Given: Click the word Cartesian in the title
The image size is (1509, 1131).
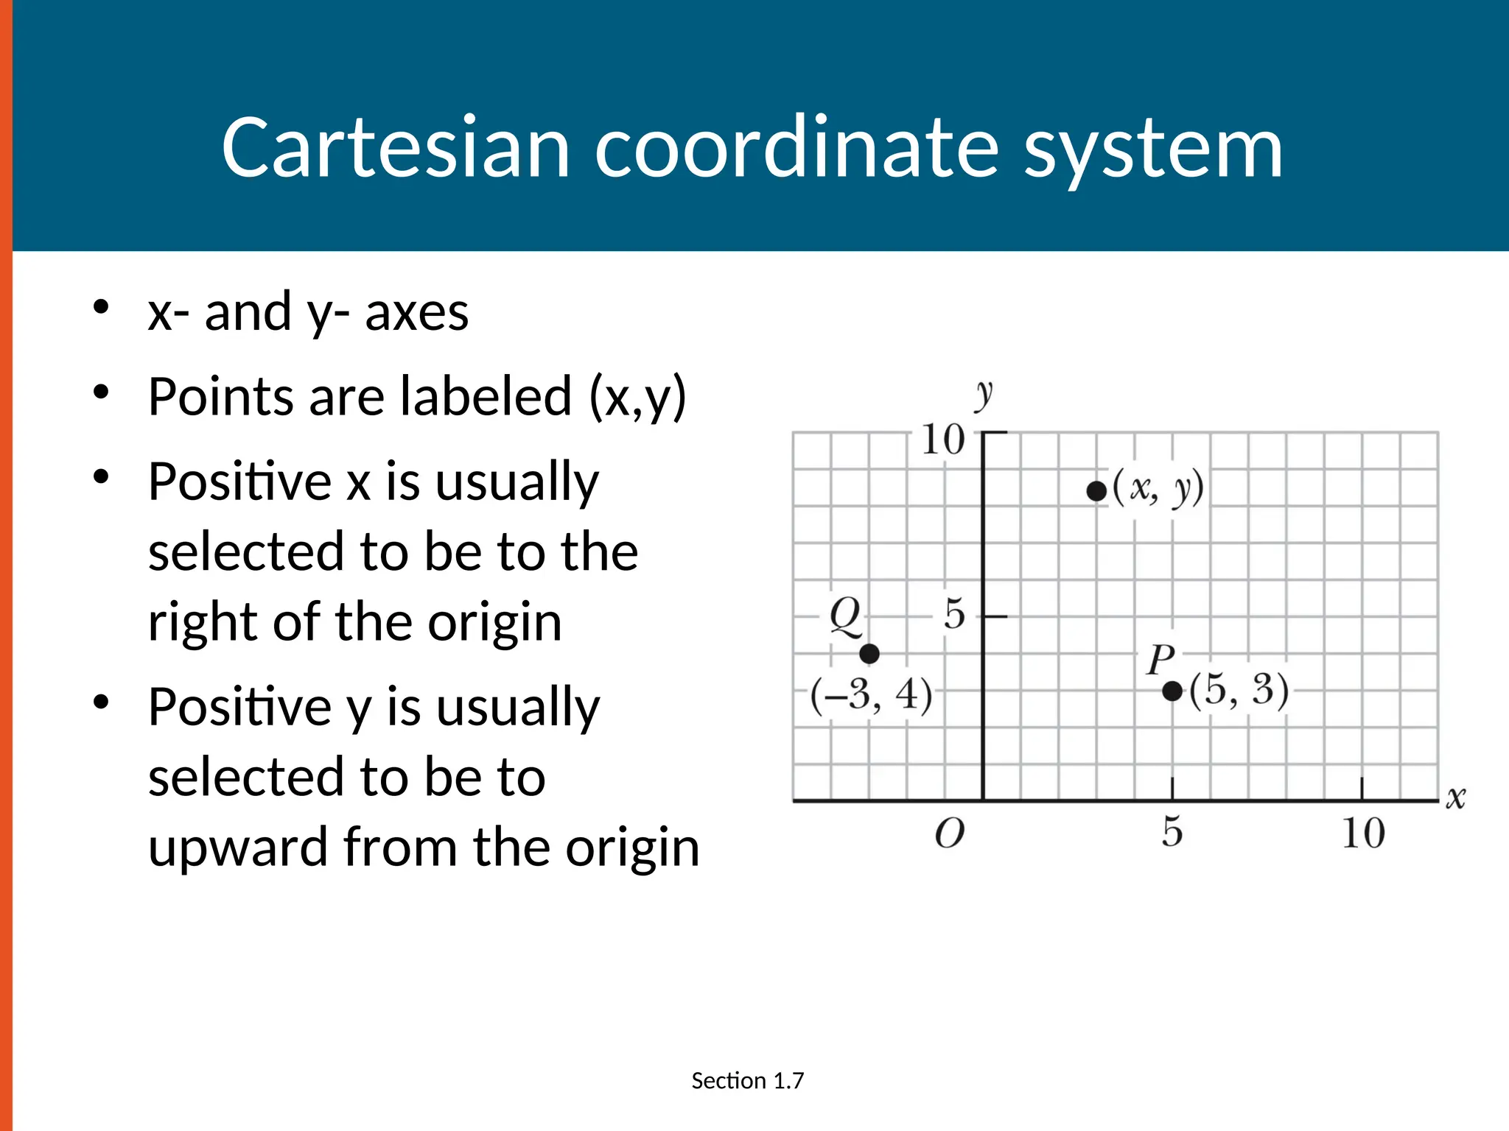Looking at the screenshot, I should coord(396,148).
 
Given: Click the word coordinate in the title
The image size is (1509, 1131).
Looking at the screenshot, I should coord(796,148).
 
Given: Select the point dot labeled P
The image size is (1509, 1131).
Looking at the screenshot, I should coord(1172,691).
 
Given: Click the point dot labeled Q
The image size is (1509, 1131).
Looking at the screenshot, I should coord(869,653).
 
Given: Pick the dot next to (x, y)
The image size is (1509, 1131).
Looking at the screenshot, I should coord(1096,491).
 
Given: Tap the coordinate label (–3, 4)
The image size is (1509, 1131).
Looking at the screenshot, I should coord(872,694).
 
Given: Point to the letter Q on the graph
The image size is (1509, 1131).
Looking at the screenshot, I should coord(845,616).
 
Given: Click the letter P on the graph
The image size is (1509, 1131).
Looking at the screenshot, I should coord(1160,659).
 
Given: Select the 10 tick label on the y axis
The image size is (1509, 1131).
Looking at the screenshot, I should coord(943,440).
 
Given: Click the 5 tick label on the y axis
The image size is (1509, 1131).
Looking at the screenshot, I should coord(954,613).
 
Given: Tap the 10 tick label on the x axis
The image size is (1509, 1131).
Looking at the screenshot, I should coord(1363,834).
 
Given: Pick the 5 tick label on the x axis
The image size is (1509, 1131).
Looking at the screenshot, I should coord(1172,832).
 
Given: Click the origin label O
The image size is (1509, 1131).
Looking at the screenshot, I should coord(950,834).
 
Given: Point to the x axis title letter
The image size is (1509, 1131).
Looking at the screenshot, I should coord(1456,797).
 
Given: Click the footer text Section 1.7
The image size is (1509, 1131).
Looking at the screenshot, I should coord(747,1080).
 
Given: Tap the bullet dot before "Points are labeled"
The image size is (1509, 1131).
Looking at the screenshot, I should coord(102,392).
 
